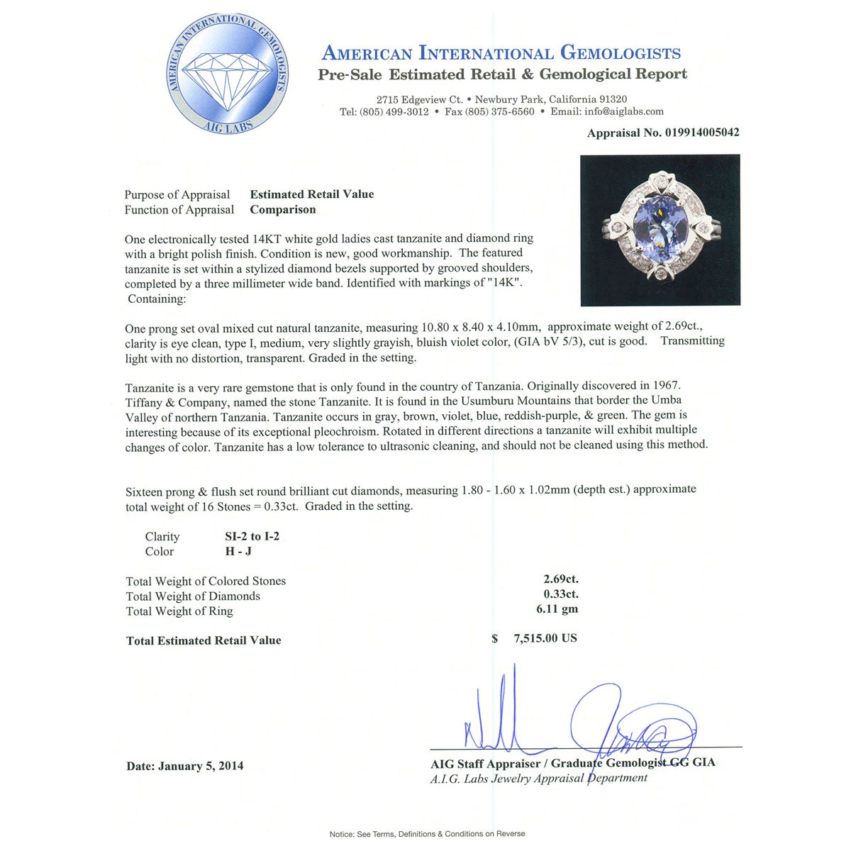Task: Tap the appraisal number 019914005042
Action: (x=702, y=133)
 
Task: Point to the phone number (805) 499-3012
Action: (x=394, y=111)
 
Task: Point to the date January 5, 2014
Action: (x=201, y=766)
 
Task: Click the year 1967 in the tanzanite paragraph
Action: (x=665, y=386)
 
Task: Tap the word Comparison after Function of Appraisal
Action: (x=283, y=209)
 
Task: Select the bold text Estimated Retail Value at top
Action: (x=312, y=194)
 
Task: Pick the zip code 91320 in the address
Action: (x=611, y=99)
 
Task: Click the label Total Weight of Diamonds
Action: (x=193, y=596)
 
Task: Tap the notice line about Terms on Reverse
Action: (x=427, y=834)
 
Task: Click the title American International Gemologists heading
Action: (x=501, y=53)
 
